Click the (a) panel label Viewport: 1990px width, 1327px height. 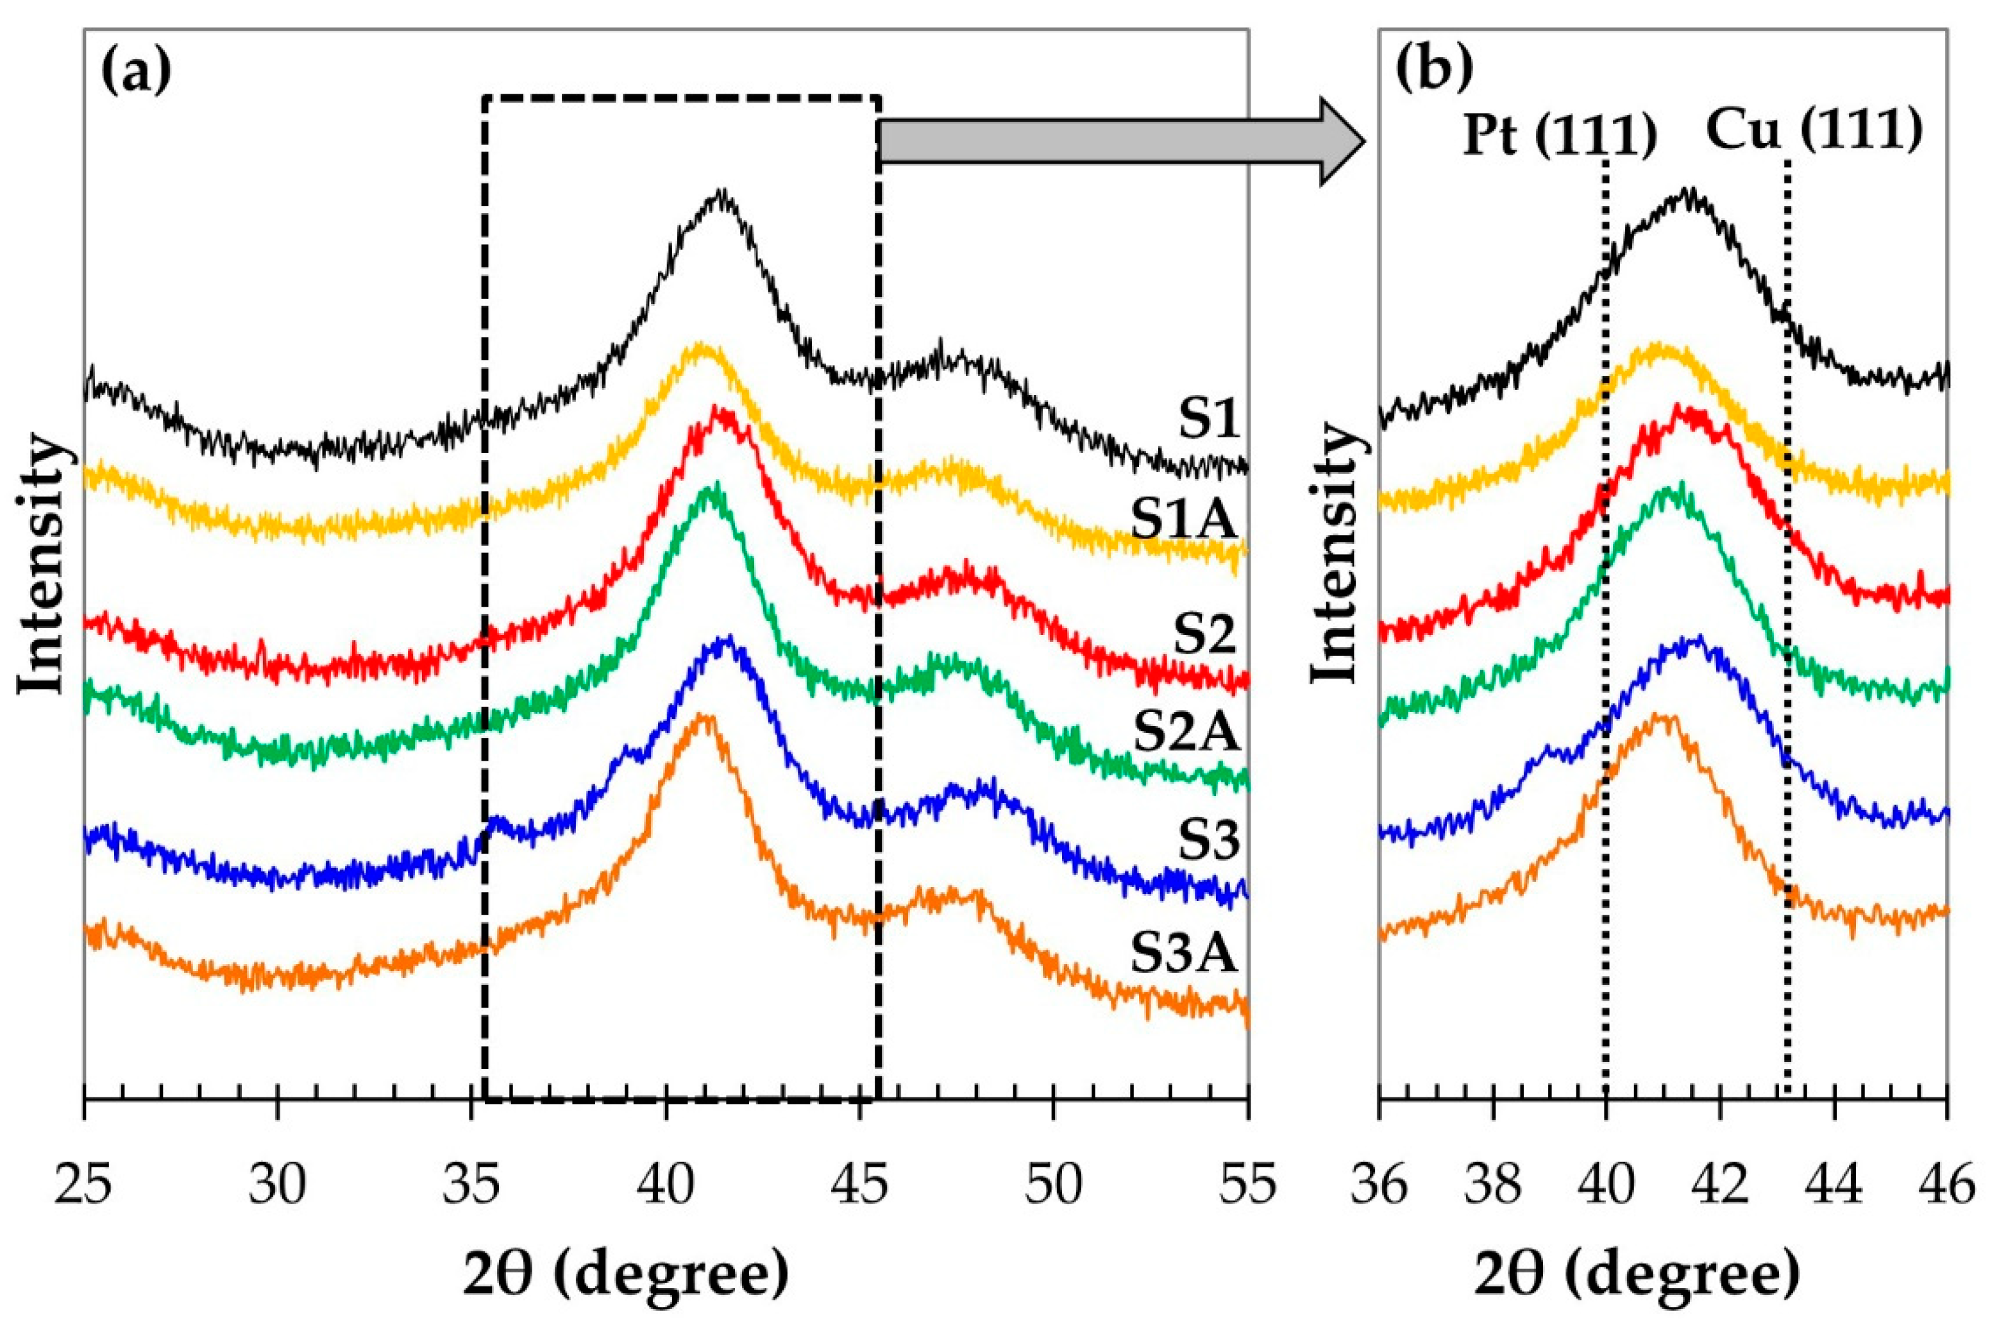pos(135,72)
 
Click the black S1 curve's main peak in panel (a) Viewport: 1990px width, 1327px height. pos(720,194)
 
